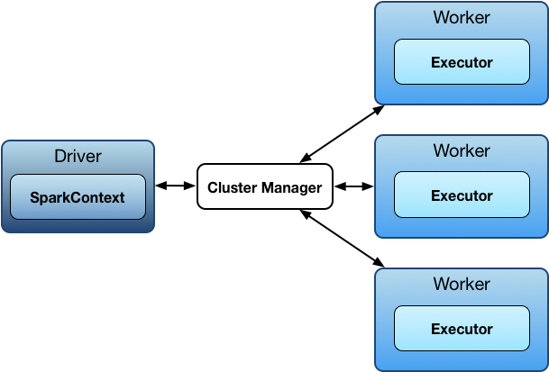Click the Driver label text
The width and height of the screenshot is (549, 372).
coord(78,156)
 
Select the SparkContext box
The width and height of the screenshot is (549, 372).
coord(78,197)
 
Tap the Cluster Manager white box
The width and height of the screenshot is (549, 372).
coord(265,188)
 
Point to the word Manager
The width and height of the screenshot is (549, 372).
coord(292,188)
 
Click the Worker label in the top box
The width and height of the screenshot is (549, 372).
coord(462,18)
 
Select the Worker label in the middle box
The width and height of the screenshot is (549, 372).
coord(462,150)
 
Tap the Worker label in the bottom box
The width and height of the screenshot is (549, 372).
coord(462,284)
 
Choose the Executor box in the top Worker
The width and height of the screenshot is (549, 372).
coord(462,63)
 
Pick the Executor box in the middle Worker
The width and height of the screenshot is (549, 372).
coord(462,195)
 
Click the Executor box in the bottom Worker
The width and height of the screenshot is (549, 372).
coord(462,329)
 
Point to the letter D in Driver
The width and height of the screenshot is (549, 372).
coord(59,156)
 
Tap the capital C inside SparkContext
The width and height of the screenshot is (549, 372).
coord(72,198)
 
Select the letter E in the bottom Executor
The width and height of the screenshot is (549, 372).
coord(435,329)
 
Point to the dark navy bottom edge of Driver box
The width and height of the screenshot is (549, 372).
coord(78,228)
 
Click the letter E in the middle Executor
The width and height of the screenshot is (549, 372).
coord(435,195)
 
